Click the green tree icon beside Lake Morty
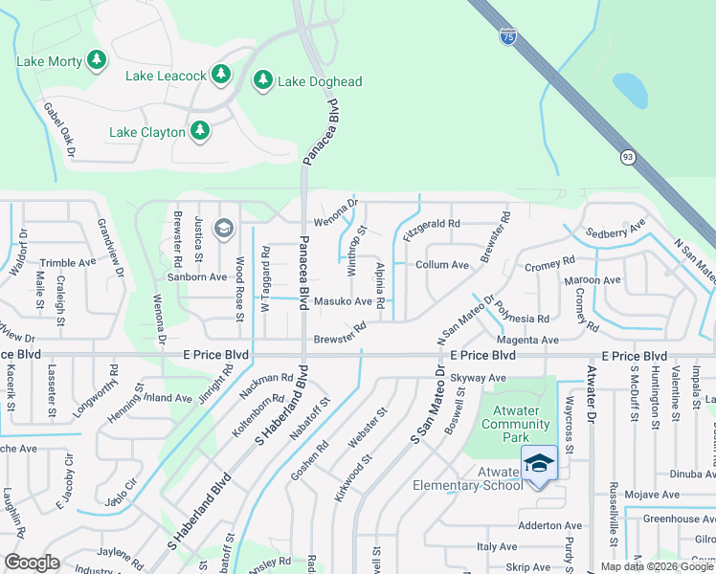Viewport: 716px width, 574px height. [x=96, y=61]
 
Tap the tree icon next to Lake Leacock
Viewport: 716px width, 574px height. [x=221, y=74]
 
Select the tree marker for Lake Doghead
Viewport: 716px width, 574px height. [x=263, y=80]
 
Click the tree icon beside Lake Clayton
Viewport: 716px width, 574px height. [x=200, y=130]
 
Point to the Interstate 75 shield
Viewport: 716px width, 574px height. [x=507, y=35]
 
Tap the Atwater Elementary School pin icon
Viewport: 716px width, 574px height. [x=539, y=463]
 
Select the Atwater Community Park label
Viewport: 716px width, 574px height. [x=517, y=424]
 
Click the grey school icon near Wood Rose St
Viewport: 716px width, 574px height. [x=224, y=228]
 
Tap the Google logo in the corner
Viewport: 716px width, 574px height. [x=32, y=563]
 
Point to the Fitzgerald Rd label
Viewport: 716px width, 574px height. [x=432, y=224]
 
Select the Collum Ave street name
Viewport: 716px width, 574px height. [x=441, y=265]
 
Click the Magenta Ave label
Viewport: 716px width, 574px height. [x=526, y=341]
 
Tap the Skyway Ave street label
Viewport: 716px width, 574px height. [x=478, y=378]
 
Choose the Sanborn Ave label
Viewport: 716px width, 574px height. [x=198, y=276]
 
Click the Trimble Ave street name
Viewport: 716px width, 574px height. [x=67, y=262]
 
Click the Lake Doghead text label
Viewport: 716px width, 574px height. [x=320, y=82]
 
